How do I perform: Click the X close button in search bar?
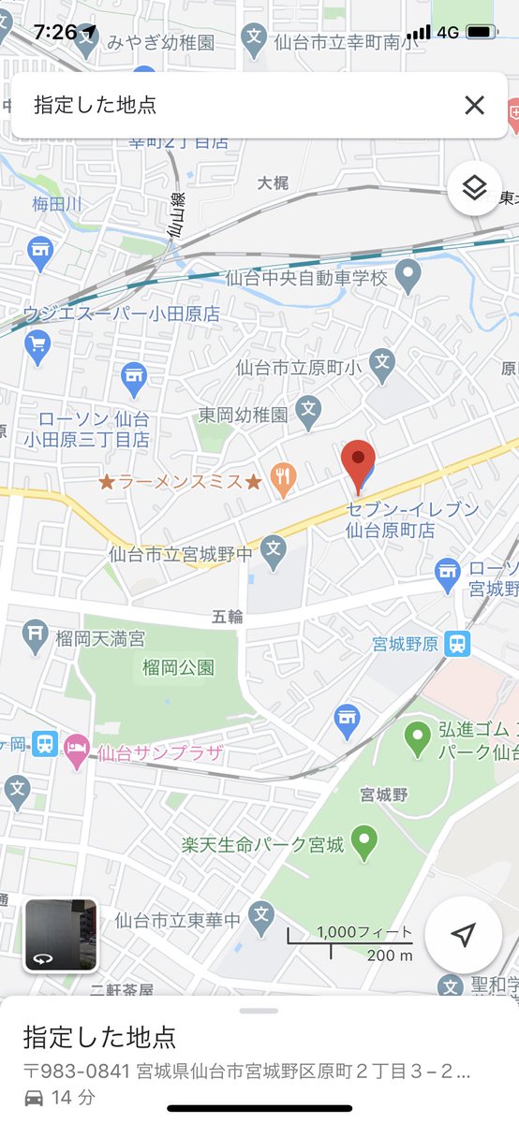tap(475, 105)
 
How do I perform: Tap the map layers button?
tap(475, 189)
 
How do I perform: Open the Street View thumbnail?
tap(61, 935)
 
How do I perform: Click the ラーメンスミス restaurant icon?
tap(282, 481)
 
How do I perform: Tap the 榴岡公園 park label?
tap(178, 667)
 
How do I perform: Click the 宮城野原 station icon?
tap(457, 643)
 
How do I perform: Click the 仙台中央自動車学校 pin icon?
tap(407, 274)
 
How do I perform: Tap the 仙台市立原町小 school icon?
tap(381, 364)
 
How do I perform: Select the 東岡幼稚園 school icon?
tap(308, 410)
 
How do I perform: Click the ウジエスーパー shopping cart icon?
tap(37, 348)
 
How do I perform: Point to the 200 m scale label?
tap(389, 955)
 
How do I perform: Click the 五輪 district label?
tap(228, 617)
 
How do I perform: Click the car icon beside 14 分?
tap(34, 1098)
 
